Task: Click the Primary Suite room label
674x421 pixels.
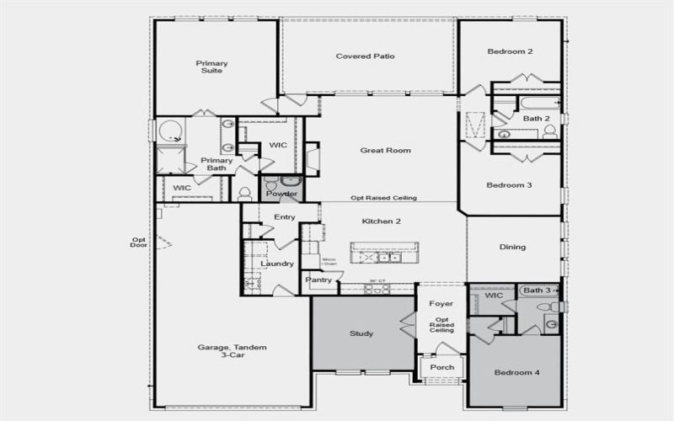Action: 212,67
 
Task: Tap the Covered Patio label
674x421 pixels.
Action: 366,56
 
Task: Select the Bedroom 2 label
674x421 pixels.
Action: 510,52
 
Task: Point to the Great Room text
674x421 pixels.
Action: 385,151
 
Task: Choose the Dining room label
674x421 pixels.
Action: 512,248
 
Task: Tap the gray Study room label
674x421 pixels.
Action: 361,333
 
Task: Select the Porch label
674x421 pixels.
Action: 441,367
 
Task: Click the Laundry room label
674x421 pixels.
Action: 276,264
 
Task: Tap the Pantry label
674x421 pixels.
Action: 318,279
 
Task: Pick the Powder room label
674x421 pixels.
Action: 281,195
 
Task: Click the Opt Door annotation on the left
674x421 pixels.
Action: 139,242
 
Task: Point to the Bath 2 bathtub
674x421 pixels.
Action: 527,105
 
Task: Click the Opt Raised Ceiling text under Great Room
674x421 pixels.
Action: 383,199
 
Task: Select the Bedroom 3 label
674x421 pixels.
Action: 510,185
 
